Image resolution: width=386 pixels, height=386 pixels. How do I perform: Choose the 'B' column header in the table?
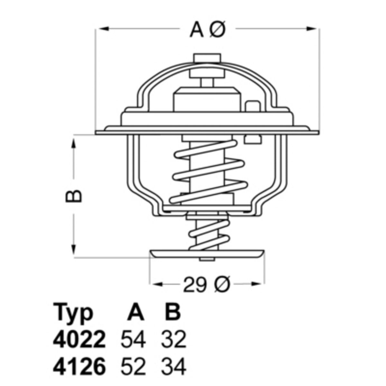coord(172,311)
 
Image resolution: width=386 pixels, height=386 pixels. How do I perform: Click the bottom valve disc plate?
coord(208,254)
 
